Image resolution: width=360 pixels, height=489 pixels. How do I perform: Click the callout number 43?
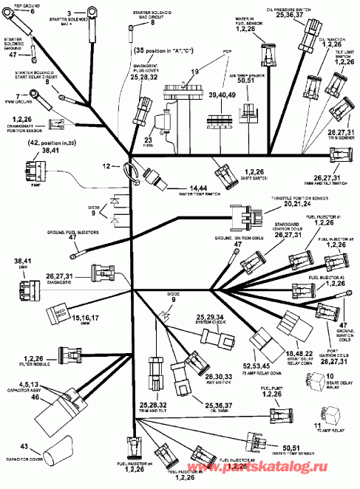[x=24, y=448]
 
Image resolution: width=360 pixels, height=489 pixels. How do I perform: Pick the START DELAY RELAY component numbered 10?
[x=305, y=381]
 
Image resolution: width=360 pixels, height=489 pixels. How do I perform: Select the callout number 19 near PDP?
[x=194, y=72]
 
